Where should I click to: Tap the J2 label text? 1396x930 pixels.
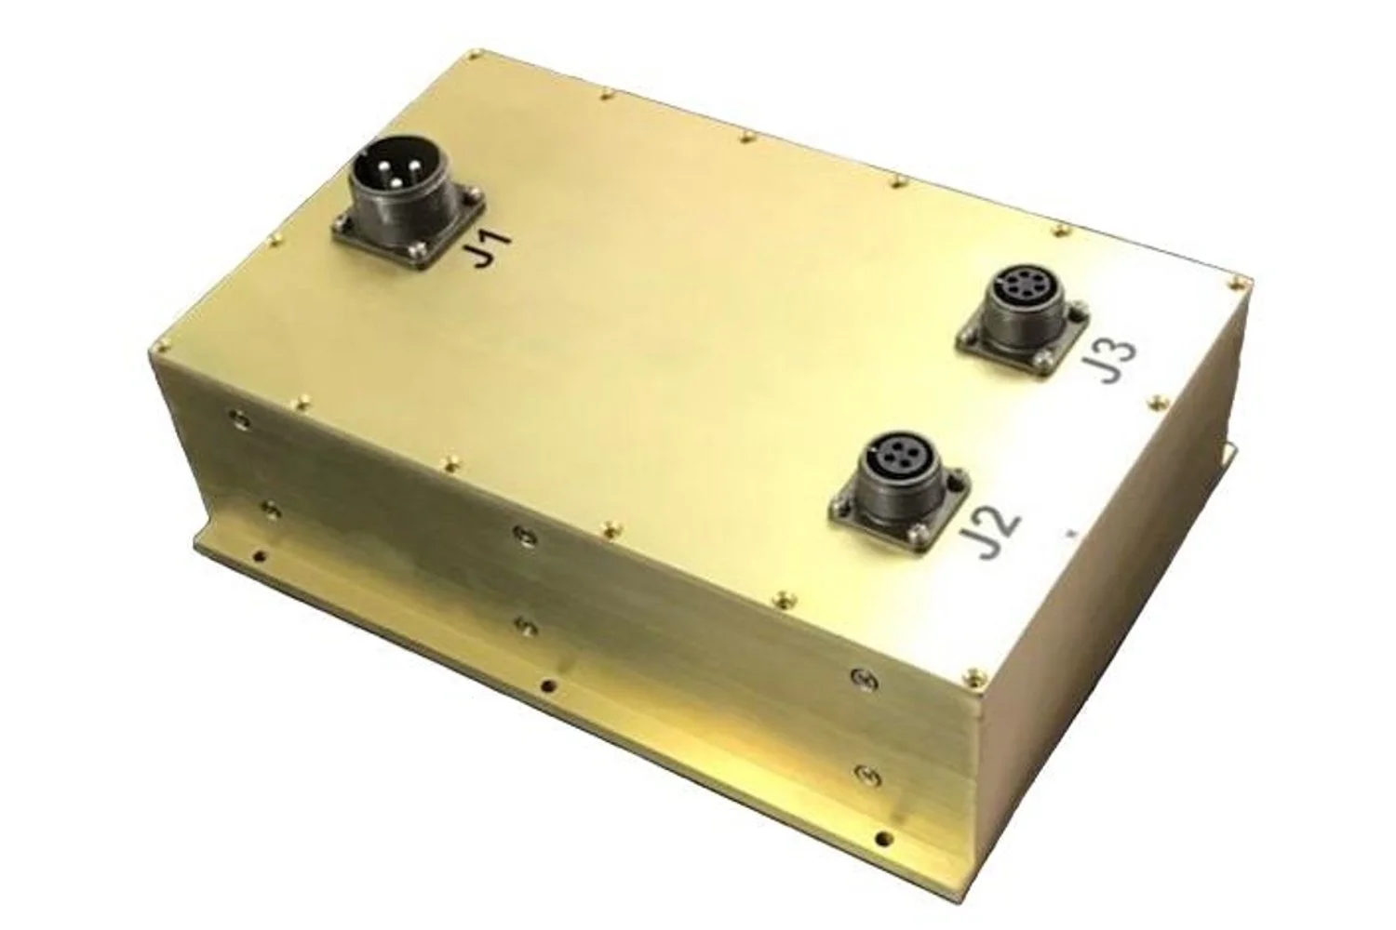pyautogui.click(x=991, y=536)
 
